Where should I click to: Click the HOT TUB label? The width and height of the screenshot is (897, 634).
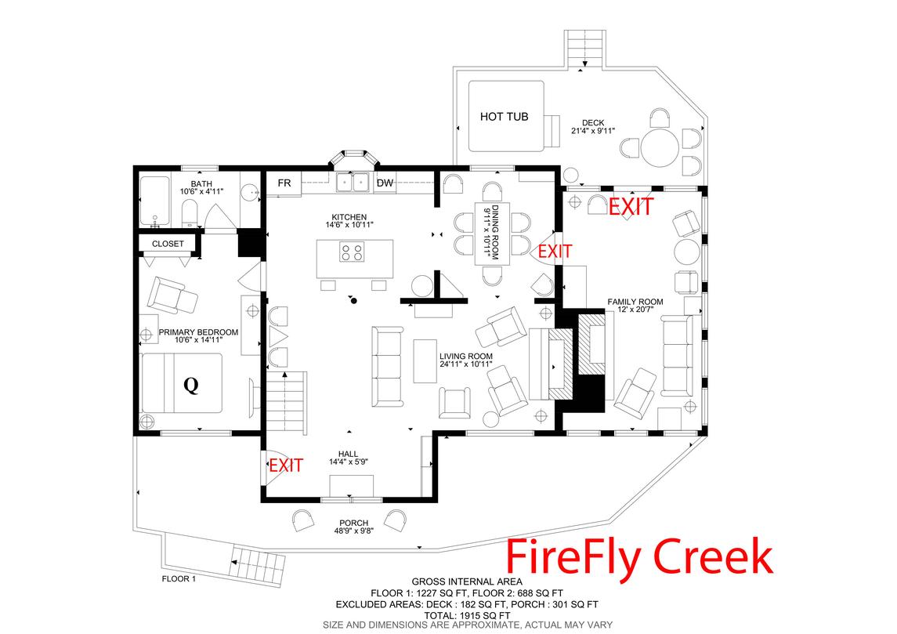[x=504, y=117]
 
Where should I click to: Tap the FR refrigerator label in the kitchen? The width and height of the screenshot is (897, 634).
[x=284, y=183]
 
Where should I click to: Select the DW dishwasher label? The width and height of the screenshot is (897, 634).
[x=385, y=183]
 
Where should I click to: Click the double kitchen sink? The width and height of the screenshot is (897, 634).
[x=353, y=183]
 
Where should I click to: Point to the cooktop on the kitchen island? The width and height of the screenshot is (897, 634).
[x=352, y=252]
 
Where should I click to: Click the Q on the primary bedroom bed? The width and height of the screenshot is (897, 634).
[x=190, y=385]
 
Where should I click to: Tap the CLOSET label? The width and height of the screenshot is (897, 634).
[x=168, y=244]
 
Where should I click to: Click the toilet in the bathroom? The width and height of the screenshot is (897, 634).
[x=190, y=212]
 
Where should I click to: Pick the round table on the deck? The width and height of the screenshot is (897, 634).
[x=659, y=146]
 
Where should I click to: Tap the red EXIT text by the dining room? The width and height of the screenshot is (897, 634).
[x=555, y=252]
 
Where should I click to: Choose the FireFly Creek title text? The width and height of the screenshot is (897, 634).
[x=639, y=556]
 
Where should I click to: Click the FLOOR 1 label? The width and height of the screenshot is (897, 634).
[x=179, y=579]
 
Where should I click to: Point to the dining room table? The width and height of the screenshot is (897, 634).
[x=492, y=233]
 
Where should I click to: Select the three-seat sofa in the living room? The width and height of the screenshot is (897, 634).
[x=386, y=364]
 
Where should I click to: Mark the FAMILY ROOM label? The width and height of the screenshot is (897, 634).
[x=635, y=302]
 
